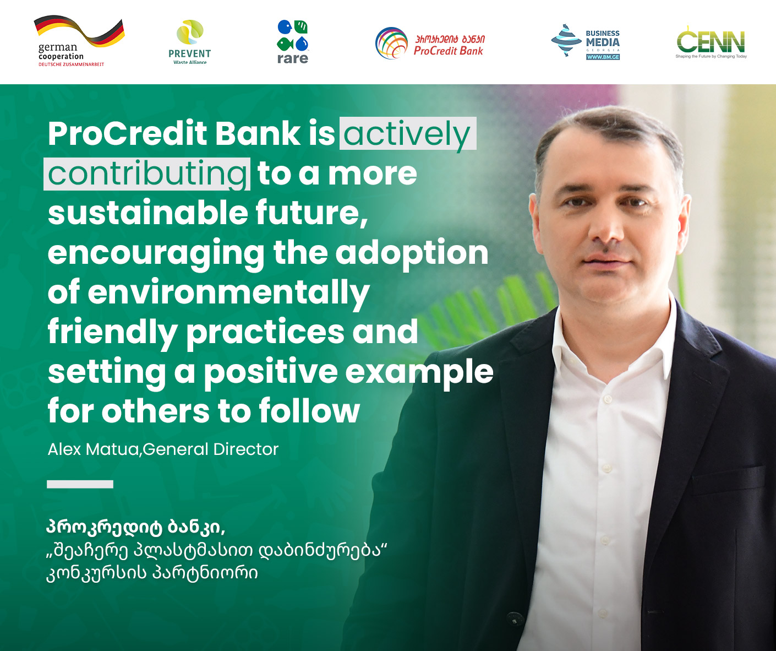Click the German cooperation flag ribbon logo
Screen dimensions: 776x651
click(79, 41)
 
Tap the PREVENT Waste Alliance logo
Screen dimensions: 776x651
click(189, 42)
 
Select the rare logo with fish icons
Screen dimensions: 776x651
click(292, 42)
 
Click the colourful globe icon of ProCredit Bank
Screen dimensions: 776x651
click(391, 43)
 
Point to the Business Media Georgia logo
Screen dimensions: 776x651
click(586, 42)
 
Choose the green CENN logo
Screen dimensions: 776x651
click(711, 42)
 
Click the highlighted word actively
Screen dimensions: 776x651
click(408, 134)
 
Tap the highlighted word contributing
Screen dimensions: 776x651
click(147, 173)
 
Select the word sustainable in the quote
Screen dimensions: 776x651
click(147, 212)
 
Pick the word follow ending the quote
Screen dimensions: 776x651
click(309, 411)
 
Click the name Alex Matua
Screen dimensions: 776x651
click(93, 449)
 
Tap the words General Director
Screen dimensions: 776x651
click(210, 449)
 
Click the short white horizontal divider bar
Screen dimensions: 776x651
click(80, 484)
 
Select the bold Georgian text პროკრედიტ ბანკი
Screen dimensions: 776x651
click(135, 527)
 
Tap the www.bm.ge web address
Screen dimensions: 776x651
click(603, 57)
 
